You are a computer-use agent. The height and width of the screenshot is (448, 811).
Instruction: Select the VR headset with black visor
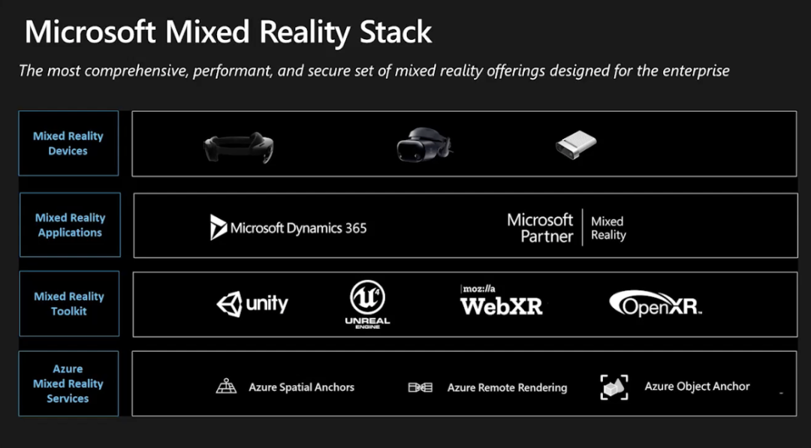[x=425, y=145]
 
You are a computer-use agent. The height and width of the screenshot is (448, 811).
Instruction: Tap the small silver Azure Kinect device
[x=576, y=145]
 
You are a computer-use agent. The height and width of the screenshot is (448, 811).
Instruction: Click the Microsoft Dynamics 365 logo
[x=288, y=227]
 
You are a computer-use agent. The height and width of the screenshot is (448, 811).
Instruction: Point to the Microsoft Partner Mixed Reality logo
[x=566, y=227]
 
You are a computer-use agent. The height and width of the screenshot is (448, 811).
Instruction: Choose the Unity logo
[x=252, y=304]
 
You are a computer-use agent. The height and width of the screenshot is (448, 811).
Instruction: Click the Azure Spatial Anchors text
[x=301, y=387]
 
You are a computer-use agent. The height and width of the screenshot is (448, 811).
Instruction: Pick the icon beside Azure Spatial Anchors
[x=226, y=386]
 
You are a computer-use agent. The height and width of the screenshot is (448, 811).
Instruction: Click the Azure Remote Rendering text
[x=507, y=388]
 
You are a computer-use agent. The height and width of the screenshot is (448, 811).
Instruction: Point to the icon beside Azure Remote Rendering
[x=420, y=387]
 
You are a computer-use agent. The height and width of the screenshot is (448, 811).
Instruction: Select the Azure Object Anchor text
[x=697, y=386]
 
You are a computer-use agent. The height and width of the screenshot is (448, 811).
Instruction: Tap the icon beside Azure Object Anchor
[x=614, y=386]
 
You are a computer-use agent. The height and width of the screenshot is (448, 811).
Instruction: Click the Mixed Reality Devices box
[x=68, y=143]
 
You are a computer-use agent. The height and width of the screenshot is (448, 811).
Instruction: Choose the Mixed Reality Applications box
[x=70, y=225]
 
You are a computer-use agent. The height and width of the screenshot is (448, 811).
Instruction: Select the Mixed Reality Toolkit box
[x=69, y=304]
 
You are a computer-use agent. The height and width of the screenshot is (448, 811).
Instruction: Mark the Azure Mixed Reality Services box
[x=68, y=383]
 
